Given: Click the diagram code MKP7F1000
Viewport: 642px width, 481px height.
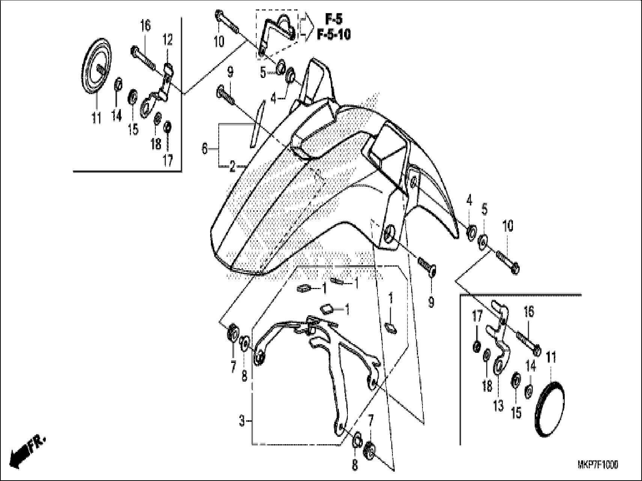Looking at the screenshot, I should click(x=598, y=465).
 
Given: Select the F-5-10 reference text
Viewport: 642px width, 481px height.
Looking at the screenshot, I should click(x=334, y=35).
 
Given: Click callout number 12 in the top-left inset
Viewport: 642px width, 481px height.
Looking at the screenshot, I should click(x=167, y=39).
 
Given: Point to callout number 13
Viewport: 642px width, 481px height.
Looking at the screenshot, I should click(x=498, y=406).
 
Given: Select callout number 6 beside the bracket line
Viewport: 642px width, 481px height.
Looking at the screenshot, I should click(x=204, y=149).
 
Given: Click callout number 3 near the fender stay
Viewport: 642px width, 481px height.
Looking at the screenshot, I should click(x=242, y=421).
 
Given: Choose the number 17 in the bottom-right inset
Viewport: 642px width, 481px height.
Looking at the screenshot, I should click(x=477, y=318).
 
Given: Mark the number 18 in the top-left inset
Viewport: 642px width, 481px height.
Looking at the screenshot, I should click(x=156, y=144).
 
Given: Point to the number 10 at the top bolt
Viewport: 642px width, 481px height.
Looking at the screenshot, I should click(x=219, y=41).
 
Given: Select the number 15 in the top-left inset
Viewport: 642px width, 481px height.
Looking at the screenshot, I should click(x=133, y=129).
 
